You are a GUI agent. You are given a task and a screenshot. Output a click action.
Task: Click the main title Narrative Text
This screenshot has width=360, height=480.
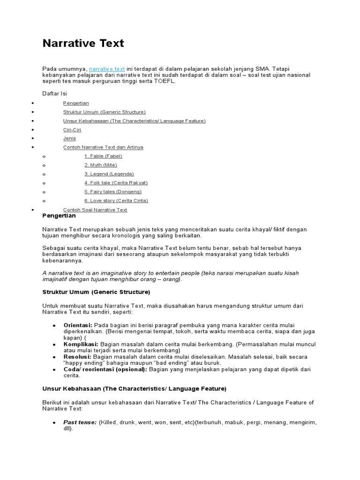click(83, 44)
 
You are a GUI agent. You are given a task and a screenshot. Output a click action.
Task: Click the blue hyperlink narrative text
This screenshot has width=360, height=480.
click(107, 69)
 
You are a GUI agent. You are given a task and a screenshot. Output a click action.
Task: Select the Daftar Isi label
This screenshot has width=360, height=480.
click(55, 94)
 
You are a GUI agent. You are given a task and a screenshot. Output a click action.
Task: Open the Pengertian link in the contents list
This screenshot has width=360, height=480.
click(76, 103)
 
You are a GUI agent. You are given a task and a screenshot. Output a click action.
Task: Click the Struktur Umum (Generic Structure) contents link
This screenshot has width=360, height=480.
click(104, 112)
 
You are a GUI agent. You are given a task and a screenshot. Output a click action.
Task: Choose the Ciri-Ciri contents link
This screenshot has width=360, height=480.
click(72, 130)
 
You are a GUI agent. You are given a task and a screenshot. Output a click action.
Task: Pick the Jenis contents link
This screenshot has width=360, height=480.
click(69, 139)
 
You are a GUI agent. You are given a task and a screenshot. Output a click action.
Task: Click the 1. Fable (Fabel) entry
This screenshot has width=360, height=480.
click(103, 156)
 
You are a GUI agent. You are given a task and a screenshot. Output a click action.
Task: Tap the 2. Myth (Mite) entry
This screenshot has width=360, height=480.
click(101, 165)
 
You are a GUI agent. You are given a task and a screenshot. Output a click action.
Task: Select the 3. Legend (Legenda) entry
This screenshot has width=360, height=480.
click(105, 174)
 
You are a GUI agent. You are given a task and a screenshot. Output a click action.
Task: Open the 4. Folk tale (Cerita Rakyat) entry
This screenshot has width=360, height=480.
click(116, 183)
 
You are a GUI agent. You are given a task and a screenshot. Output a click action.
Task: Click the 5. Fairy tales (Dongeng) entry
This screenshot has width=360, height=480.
click(113, 192)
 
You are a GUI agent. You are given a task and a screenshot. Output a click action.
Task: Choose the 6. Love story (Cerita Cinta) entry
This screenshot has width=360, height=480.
click(116, 201)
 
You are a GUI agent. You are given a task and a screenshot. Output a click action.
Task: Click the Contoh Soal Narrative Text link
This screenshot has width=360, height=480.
click(95, 210)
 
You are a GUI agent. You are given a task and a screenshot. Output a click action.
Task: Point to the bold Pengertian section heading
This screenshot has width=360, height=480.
click(59, 216)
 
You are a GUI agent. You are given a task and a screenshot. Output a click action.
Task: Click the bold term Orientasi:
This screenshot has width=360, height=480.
click(78, 325)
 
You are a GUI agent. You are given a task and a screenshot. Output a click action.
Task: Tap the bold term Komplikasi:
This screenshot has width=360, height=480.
click(81, 344)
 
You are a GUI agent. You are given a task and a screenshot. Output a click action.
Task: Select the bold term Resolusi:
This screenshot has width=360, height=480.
click(77, 357)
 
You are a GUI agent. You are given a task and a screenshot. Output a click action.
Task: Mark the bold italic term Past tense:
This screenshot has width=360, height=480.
click(80, 422)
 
